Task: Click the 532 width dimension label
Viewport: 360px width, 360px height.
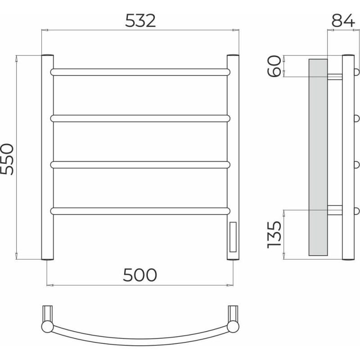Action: click(140, 21)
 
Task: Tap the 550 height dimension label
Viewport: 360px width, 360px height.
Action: click(7, 159)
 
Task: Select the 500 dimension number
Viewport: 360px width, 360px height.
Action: click(140, 275)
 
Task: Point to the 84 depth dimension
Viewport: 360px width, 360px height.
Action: click(343, 20)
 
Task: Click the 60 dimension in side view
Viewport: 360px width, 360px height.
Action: click(274, 66)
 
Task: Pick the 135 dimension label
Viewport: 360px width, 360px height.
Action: click(274, 234)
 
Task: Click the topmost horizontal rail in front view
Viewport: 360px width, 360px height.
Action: click(140, 72)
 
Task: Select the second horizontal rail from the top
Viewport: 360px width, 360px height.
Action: click(140, 118)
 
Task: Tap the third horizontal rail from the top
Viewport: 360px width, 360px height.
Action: click(140, 165)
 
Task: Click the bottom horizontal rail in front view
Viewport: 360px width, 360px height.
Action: click(140, 211)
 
